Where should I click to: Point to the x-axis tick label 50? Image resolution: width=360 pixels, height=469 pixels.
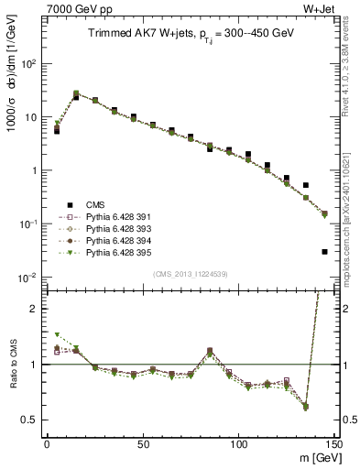pyautogui.click(x=143, y=443)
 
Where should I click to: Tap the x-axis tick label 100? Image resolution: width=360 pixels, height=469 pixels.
pyautogui.click(x=239, y=443)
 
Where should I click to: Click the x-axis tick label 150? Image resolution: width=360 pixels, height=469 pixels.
pyautogui.click(x=333, y=443)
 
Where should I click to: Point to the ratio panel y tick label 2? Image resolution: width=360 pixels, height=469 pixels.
pyautogui.click(x=37, y=309)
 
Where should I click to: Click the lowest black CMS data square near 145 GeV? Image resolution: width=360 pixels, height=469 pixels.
pyautogui.click(x=325, y=251)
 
